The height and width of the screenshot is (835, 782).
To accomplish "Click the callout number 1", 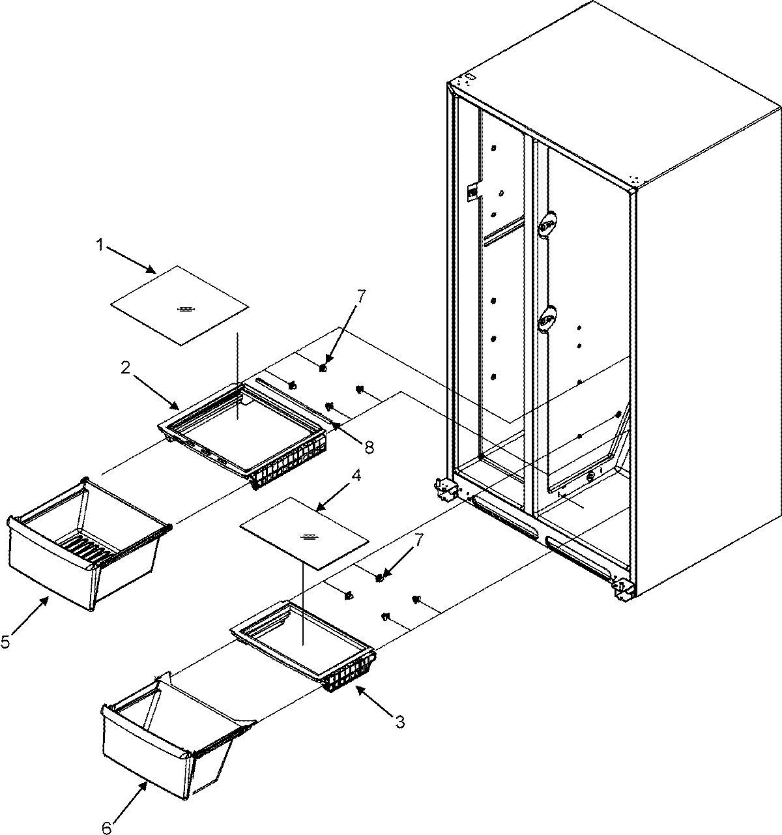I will (x=100, y=245).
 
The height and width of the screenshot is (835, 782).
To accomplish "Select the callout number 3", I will (x=400, y=722).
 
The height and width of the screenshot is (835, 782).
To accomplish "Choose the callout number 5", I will (x=6, y=642).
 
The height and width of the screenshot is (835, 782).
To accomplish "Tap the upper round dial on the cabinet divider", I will (x=547, y=224).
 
